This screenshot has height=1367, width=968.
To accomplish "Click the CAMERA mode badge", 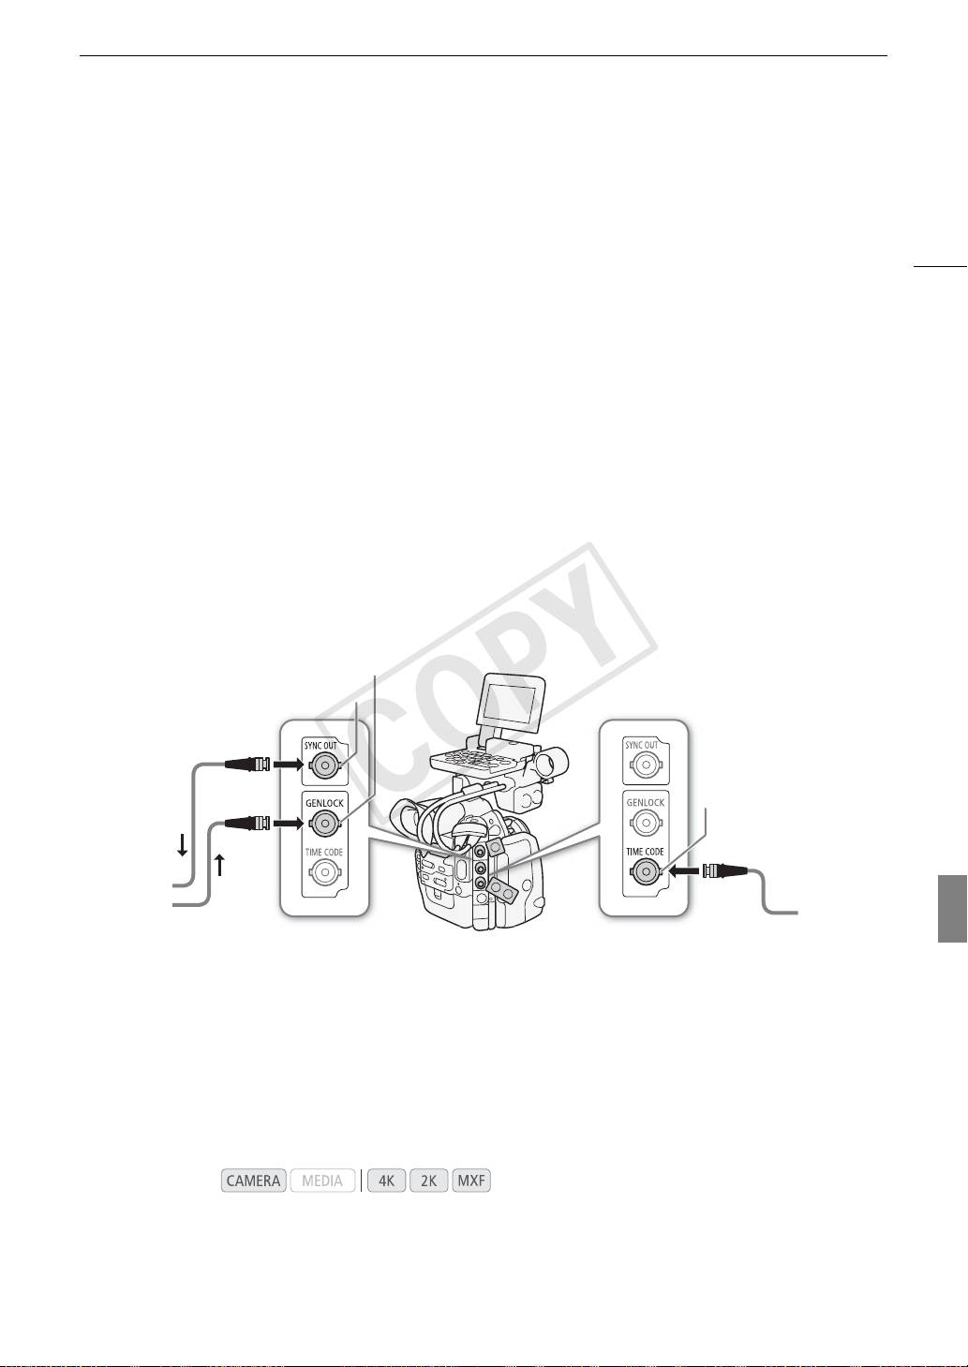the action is click(254, 1181).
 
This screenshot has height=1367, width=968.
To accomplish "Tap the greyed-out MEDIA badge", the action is click(322, 1181).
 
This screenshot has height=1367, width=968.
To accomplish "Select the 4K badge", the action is click(386, 1181).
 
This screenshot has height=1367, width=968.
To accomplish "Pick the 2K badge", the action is click(428, 1181).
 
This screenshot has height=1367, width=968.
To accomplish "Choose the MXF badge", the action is click(471, 1181).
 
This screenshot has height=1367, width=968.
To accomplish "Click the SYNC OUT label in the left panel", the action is click(320, 746).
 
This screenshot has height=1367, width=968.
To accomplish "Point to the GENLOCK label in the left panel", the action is click(324, 804).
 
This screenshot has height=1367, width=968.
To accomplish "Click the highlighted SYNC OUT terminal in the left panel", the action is click(324, 765).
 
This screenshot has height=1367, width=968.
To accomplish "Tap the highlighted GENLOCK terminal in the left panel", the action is click(324, 825).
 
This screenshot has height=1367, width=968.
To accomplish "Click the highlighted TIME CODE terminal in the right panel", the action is click(645, 872).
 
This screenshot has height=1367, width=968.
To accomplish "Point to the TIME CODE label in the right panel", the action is click(645, 852).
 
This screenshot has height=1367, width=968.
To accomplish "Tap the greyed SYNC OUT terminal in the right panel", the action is click(645, 765).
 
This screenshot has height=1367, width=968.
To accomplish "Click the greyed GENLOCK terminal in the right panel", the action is click(645, 823).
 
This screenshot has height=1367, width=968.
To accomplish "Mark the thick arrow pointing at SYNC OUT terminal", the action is click(289, 765).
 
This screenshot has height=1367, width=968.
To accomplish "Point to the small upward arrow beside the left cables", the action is click(218, 864).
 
